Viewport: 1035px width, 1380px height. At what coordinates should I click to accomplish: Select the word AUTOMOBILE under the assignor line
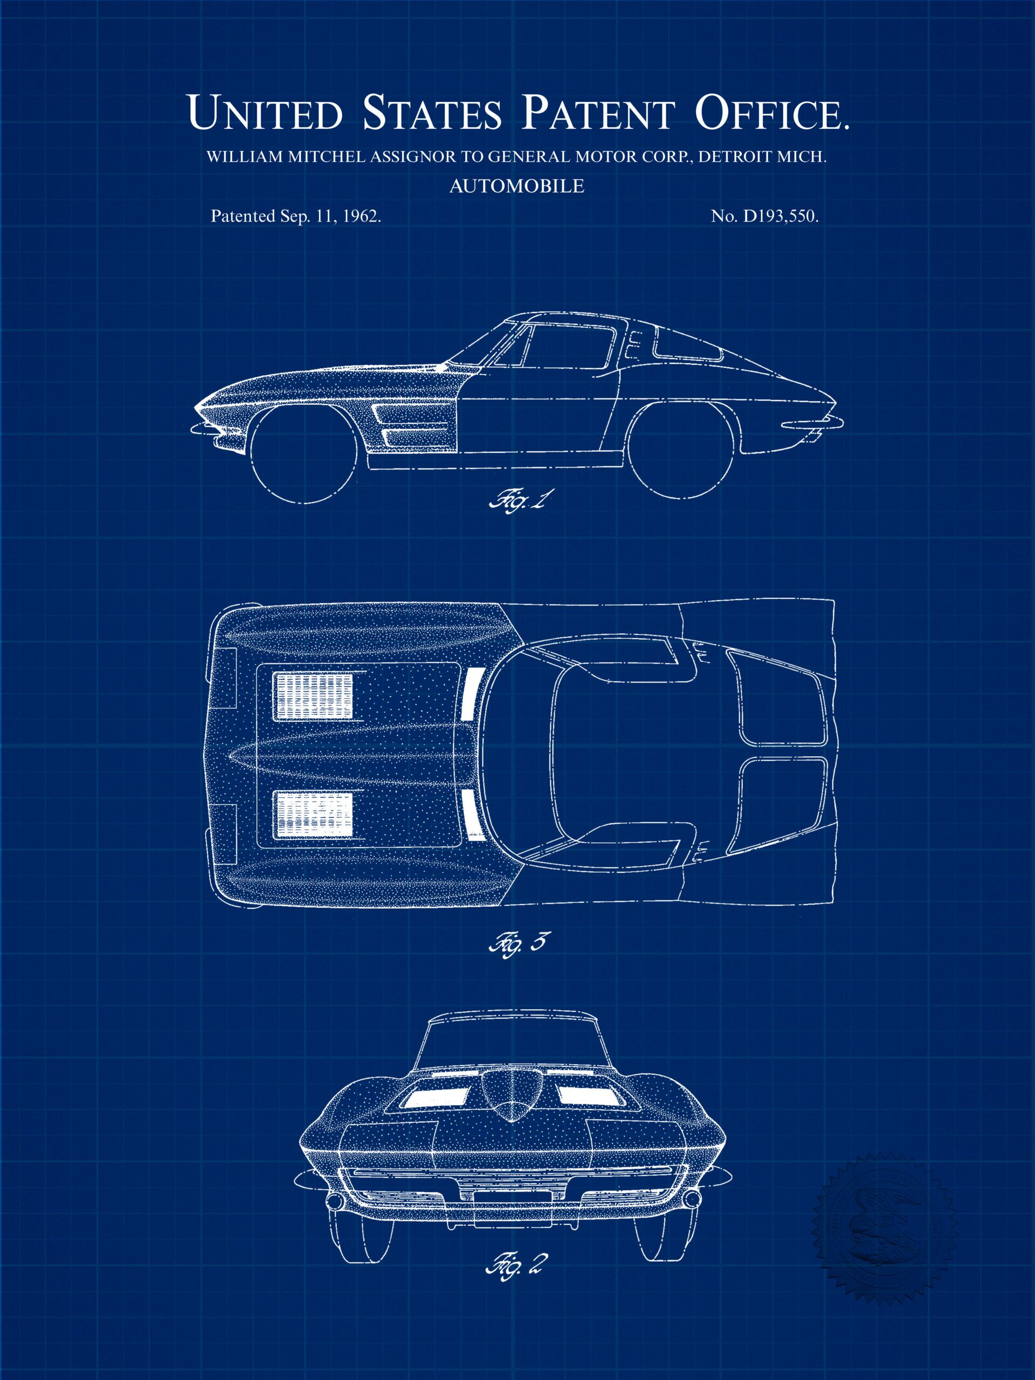(x=516, y=186)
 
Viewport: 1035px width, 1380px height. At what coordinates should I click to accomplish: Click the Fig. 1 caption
(x=517, y=500)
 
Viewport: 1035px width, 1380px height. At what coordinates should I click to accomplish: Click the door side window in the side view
(x=568, y=346)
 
